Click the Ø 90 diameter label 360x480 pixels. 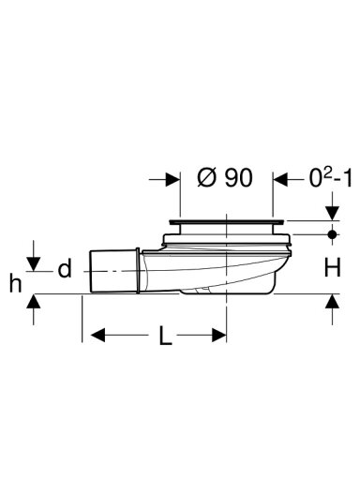pos(224,178)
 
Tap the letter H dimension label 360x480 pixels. pos(332,268)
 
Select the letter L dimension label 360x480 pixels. pos(165,336)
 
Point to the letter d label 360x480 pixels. pos(65,269)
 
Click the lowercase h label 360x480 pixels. pos(15,283)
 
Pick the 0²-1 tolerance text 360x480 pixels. pos(330,178)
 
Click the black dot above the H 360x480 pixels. pos(332,233)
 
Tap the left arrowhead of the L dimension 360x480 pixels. pos(97,336)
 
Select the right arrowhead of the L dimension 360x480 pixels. pos(219,336)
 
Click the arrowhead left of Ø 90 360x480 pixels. pos(172,180)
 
